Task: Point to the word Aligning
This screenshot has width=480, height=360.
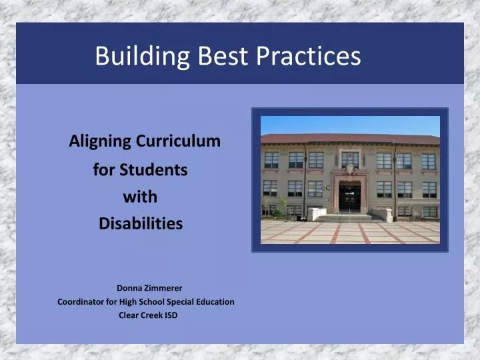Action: tap(100, 141)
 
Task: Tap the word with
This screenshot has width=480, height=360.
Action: tap(140, 197)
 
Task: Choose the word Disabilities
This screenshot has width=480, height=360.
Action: tap(140, 224)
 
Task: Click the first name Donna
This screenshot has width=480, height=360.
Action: tap(129, 288)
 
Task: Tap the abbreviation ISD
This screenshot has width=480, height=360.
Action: tap(171, 315)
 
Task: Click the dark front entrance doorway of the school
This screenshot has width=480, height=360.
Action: tap(349, 198)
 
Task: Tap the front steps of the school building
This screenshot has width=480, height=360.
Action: tap(349, 217)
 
